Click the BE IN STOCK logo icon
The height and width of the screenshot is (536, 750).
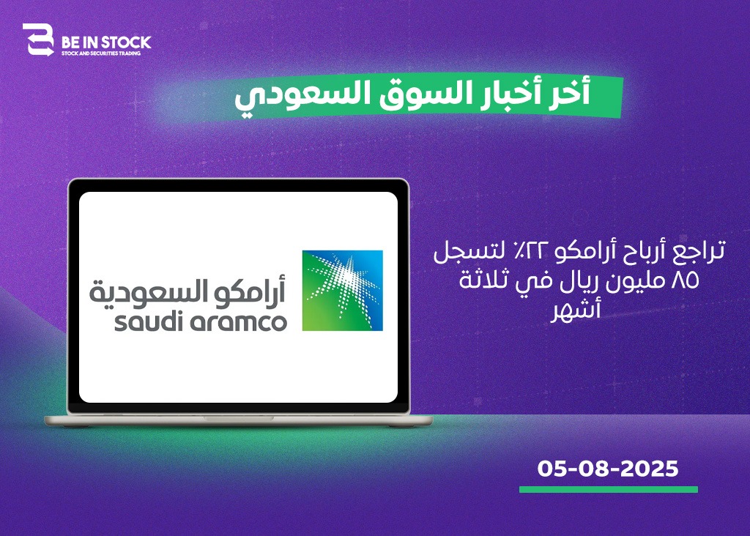coord(39,40)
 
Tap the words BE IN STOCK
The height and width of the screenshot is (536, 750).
coord(106,42)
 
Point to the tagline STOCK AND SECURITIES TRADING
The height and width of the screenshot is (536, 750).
coord(101,53)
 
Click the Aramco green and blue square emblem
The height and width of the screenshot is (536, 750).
coord(343,290)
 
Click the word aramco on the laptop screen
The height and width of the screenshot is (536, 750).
coord(238,322)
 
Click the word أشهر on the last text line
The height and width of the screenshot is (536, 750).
coord(576,310)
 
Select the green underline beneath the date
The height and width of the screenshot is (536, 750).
coord(609,489)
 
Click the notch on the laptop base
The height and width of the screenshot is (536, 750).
coord(238,418)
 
